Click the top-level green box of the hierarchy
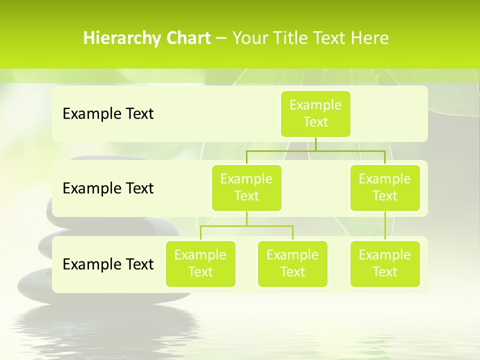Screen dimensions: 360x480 pos(315,114)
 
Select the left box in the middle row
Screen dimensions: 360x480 pos(246,187)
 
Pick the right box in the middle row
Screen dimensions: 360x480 pos(385,187)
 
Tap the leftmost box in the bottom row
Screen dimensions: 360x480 pos(200,263)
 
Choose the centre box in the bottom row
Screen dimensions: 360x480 pos(292,263)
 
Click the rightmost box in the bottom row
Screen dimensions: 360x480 pos(385,263)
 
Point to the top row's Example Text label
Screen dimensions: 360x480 pos(108,114)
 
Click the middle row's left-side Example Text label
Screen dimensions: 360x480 pos(108,188)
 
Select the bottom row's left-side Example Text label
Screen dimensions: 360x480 pos(108,264)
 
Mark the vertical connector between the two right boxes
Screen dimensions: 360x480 pos(385,225)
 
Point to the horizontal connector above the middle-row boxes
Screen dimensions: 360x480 pos(315,150)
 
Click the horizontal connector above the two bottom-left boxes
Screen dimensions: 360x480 pos(246,226)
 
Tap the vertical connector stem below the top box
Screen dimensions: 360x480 pos(315,144)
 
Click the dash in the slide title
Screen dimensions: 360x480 pos(221,38)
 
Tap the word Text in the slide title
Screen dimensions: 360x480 pos(328,38)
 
